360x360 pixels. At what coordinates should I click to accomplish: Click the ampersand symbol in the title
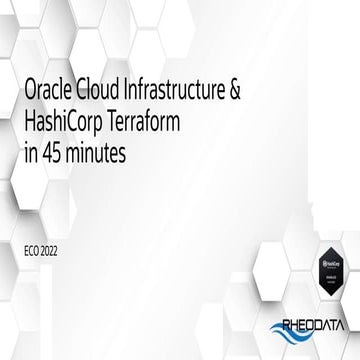pyautogui.click(x=261, y=94)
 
